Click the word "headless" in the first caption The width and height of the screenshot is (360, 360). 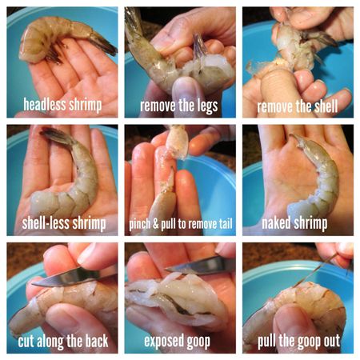(45, 104)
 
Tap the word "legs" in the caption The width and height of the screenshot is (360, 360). (208, 106)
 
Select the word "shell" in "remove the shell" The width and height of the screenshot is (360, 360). (326, 106)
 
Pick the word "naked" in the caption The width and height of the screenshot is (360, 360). (276, 222)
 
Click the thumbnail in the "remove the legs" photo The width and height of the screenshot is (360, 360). (186, 88)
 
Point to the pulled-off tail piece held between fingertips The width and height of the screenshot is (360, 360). (177, 142)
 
